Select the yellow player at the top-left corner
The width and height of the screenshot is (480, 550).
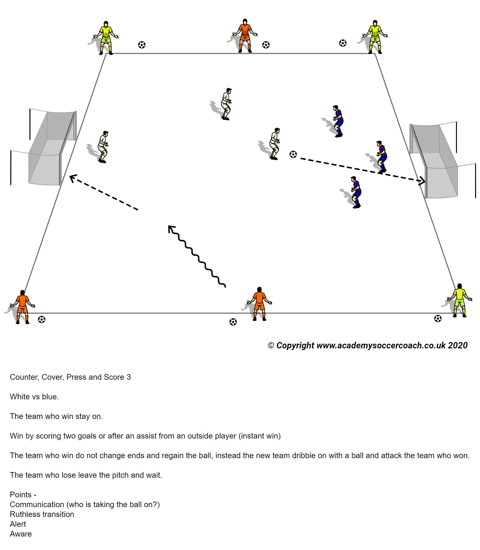click(106, 37)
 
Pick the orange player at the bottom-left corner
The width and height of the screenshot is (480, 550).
click(23, 307)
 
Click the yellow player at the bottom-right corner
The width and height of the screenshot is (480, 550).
click(460, 300)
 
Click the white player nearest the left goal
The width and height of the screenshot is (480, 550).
click(103, 147)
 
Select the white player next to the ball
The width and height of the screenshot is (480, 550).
click(275, 144)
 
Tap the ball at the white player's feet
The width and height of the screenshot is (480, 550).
click(293, 154)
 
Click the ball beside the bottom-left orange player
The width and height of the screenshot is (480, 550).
click(42, 319)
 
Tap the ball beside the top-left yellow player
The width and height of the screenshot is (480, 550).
click(142, 45)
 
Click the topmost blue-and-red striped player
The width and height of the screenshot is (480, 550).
click(338, 121)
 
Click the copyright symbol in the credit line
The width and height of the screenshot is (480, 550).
click(271, 346)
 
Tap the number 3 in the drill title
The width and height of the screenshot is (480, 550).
click(129, 377)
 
